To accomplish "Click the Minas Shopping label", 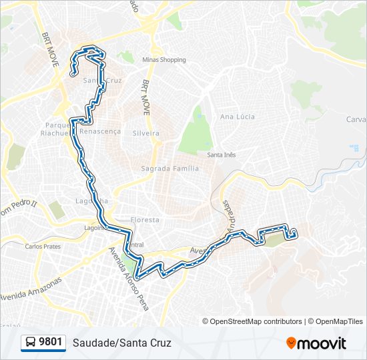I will tap(163, 60).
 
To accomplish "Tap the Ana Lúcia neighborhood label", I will tap(238, 117).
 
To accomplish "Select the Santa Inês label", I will tap(221, 155).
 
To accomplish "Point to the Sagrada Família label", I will tap(169, 169).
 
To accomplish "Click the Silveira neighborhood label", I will tap(146, 133).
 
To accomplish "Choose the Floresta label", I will tap(145, 219).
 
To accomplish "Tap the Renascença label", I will tap(100, 131).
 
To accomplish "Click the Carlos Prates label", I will tap(43, 246).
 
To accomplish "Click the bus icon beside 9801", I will tap(30, 343).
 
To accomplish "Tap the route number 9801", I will tap(51, 343).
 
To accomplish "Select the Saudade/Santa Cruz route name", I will tap(122, 343).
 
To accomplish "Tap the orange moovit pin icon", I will tap(291, 343).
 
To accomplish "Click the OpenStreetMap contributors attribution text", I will tap(256, 321).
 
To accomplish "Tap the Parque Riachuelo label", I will tap(55, 129).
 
